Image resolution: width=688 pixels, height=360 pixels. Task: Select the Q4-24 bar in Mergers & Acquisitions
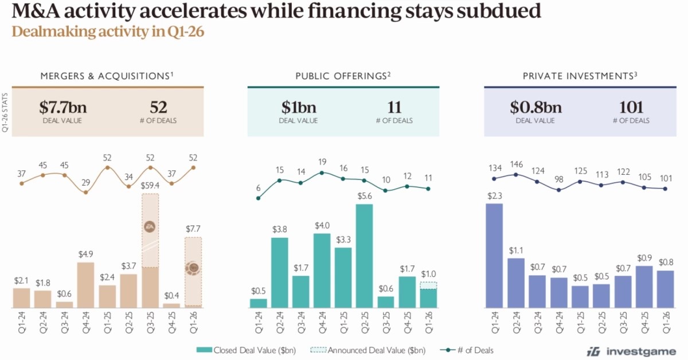(85, 285)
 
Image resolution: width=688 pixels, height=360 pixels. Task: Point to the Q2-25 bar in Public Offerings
(364, 256)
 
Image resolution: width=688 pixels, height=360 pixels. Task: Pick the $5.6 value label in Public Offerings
(364, 196)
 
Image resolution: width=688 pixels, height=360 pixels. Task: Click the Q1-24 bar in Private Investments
(494, 256)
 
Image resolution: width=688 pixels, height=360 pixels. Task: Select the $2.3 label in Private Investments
(494, 195)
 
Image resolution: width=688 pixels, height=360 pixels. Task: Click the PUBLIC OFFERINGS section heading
(343, 76)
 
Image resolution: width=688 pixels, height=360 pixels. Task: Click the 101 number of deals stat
(631, 107)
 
